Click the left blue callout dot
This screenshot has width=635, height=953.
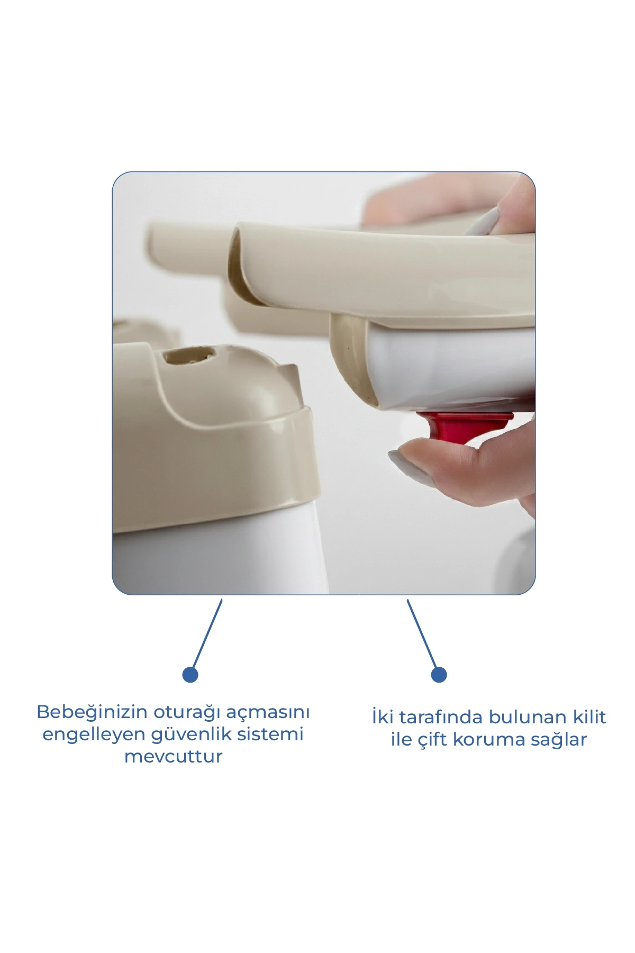point(190,675)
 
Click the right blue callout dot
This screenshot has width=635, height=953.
point(439,675)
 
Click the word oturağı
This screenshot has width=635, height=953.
point(187,713)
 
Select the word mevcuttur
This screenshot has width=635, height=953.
point(173,757)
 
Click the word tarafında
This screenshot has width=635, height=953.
point(441,718)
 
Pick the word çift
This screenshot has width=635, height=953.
point(433,740)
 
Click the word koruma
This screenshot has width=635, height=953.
point(489,740)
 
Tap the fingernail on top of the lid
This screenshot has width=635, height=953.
point(482,222)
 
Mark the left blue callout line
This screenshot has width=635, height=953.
point(207,634)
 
